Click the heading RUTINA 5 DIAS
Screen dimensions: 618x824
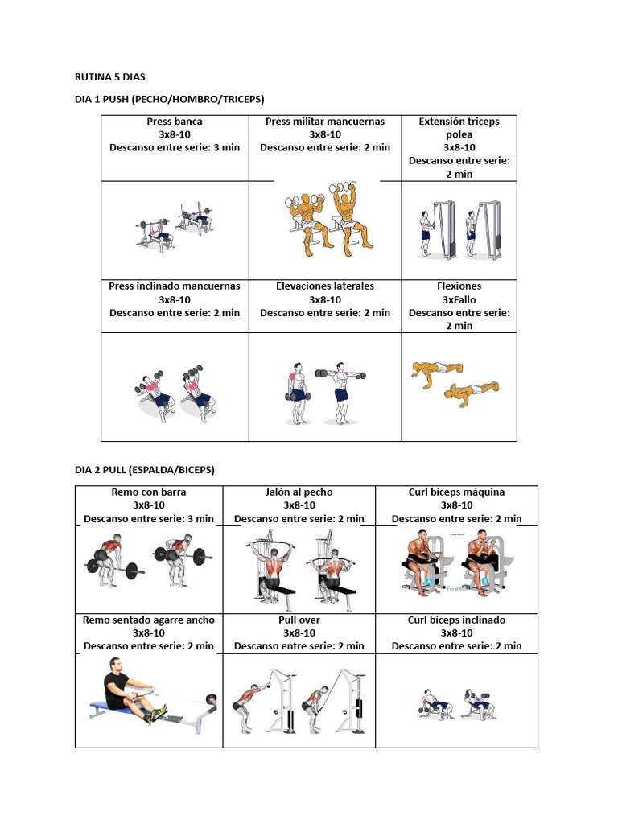[109, 77]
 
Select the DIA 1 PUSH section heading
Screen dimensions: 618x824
[169, 99]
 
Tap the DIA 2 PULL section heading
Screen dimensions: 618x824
[145, 470]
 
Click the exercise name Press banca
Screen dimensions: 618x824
[175, 122]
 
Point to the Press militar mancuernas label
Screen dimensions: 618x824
[325, 122]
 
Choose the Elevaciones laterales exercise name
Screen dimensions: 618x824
[325, 286]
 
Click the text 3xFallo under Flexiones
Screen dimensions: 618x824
[459, 300]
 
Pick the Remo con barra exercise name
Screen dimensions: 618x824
[149, 492]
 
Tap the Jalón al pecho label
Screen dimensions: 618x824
[299, 492]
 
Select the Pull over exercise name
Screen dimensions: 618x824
[299, 620]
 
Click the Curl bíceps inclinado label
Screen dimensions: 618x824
[457, 620]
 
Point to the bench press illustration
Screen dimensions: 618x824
[175, 226]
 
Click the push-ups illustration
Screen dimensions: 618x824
[455, 384]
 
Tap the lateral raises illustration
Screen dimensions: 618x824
[325, 393]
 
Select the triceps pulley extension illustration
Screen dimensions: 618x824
[460, 229]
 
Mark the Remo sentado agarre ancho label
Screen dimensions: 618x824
[149, 620]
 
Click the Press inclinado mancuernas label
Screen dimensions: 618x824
[175, 286]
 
